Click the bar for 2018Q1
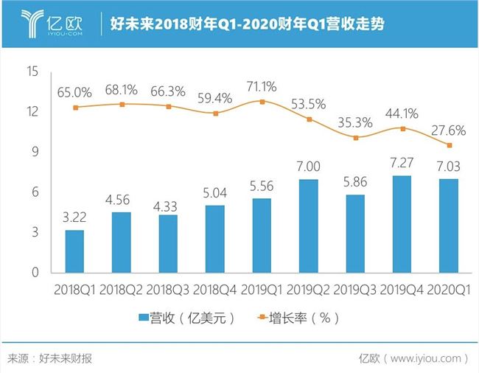coord(74,251)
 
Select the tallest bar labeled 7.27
coord(402,224)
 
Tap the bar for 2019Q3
coord(355,234)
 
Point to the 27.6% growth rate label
coord(450,130)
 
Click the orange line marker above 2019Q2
coord(310,119)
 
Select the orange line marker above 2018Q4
coord(215,114)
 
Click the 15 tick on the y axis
coord(32,72)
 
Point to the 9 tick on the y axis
coord(34,152)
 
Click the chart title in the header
coord(246,24)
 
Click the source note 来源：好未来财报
coord(51,359)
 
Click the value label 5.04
coord(214,194)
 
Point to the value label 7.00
coord(308,167)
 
